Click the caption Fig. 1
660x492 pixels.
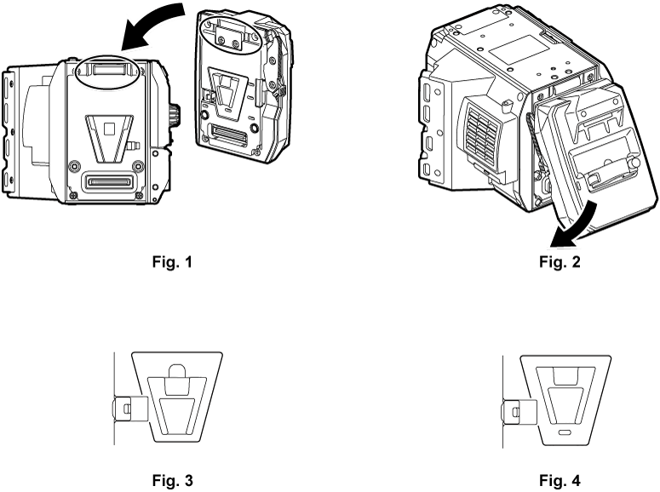[166, 261]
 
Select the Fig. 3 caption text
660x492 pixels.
[166, 481]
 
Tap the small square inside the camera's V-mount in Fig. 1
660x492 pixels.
[108, 129]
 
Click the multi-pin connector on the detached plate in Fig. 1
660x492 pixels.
[231, 134]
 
